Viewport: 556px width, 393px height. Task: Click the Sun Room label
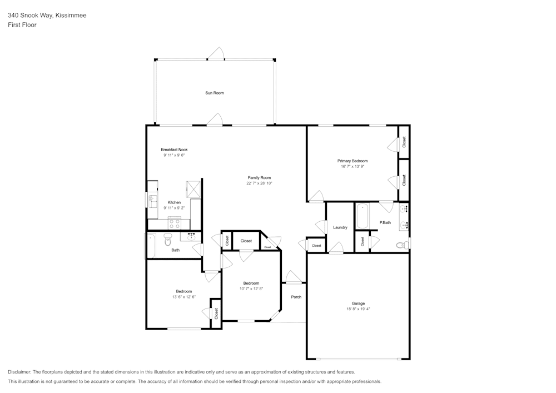pos(215,93)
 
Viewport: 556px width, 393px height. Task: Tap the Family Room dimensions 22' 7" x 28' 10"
pos(259,183)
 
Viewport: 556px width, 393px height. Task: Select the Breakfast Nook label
pos(174,150)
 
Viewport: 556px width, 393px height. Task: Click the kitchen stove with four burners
pos(175,223)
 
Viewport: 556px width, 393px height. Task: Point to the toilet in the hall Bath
pos(168,240)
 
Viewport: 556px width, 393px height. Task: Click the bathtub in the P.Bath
pos(363,216)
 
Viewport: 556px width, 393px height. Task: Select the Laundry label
pos(340,227)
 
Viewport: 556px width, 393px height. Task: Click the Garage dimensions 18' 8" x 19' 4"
pos(358,309)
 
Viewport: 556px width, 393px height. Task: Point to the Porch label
pos(296,297)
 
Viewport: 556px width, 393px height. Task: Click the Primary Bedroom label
pos(353,161)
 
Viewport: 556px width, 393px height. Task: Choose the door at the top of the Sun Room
pos(216,53)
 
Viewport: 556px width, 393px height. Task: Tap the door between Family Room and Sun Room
pos(214,120)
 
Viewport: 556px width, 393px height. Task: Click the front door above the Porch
pos(293,277)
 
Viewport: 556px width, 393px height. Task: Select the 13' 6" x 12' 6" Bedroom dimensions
pos(183,297)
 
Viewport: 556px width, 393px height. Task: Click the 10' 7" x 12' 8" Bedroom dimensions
pos(251,289)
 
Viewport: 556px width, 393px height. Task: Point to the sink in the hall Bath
pos(191,236)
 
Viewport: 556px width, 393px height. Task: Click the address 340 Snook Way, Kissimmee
pos(47,15)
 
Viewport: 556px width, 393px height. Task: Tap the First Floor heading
pos(22,25)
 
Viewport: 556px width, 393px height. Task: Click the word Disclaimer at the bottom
pos(19,372)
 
